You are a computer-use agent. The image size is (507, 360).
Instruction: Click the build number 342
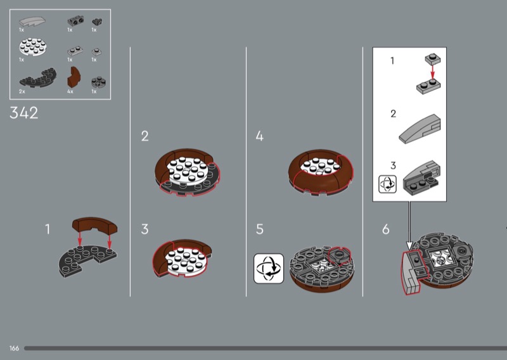coord(24,113)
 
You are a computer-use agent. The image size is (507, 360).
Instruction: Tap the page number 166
coord(14,348)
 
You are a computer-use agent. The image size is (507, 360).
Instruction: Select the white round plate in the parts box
coord(33,46)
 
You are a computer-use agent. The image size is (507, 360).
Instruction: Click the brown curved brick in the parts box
coord(74,77)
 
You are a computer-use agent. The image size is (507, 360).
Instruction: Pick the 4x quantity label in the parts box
coord(70,91)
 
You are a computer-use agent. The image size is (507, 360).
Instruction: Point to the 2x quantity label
coord(22,91)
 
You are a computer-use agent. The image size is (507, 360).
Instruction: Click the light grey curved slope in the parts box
coord(32,22)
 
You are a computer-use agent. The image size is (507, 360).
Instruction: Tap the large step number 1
coord(48,229)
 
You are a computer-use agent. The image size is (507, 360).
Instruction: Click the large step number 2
coord(145,136)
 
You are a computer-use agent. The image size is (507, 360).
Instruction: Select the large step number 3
coord(145,229)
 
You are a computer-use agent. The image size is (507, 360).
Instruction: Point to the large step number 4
coord(260,136)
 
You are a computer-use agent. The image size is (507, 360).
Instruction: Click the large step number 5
coord(260,229)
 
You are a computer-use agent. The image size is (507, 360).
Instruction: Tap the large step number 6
coord(386,229)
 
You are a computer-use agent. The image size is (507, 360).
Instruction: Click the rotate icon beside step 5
coord(269,269)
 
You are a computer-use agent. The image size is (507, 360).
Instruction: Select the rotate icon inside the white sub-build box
coord(387,184)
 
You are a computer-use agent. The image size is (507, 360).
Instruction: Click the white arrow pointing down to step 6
coord(409,226)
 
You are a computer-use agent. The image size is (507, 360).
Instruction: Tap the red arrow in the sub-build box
coord(433,72)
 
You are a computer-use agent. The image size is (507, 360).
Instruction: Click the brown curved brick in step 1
coord(94,225)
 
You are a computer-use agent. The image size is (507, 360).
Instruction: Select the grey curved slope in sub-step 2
coord(420,129)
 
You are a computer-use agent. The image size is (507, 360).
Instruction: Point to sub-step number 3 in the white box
coord(393,165)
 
